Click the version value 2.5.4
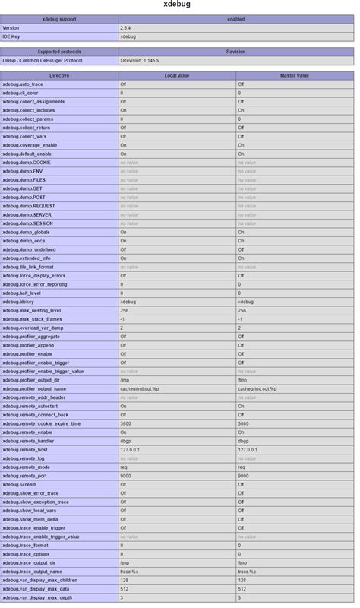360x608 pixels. coord(125,27)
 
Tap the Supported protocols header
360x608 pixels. coord(59,52)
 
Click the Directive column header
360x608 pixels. coord(59,76)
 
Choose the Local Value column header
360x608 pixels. coord(176,76)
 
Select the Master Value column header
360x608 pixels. coord(294,76)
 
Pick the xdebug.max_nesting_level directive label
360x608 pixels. coord(31,310)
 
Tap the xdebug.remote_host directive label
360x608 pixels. coord(25,449)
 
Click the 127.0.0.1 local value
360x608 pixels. coord(131,449)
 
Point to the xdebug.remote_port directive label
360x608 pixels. coord(25,476)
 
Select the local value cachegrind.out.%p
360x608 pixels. coord(140,388)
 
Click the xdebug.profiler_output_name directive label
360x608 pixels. coord(34,388)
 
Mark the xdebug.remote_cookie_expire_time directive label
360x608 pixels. coord(41,423)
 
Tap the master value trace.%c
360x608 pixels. coord(248,572)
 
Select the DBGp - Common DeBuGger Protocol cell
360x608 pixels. coord(42,60)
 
